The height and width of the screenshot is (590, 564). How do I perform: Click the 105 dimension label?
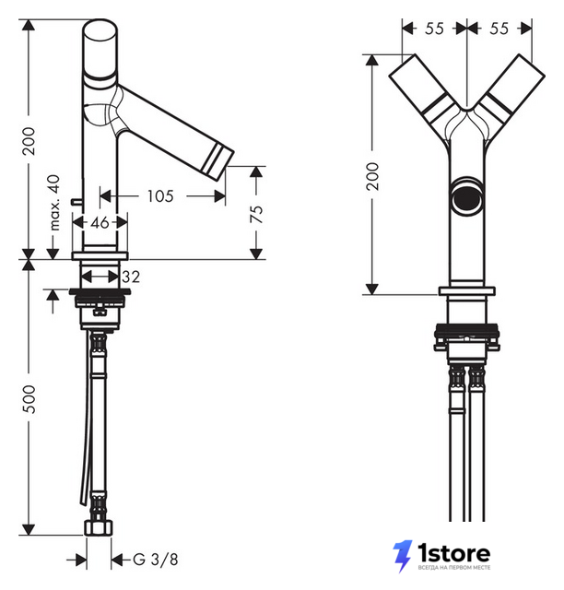(160, 196)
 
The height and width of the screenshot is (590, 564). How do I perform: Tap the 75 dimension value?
(256, 214)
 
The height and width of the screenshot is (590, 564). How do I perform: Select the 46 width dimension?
(100, 223)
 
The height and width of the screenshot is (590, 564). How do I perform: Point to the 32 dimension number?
(131, 277)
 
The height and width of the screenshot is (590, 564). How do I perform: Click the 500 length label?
(29, 399)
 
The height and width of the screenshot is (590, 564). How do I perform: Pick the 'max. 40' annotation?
(54, 203)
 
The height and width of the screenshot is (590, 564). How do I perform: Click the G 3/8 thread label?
(156, 560)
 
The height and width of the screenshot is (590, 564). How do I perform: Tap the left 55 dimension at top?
(434, 29)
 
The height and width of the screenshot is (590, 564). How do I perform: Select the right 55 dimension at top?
(499, 29)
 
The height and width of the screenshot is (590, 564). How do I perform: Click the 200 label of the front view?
(372, 176)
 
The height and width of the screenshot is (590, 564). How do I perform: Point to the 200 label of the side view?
(29, 141)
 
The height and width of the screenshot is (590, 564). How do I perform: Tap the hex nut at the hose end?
(99, 527)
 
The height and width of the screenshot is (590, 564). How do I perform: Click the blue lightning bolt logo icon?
(403, 556)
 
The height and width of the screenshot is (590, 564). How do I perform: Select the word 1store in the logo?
(454, 553)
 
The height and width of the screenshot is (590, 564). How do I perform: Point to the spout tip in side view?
(218, 161)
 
